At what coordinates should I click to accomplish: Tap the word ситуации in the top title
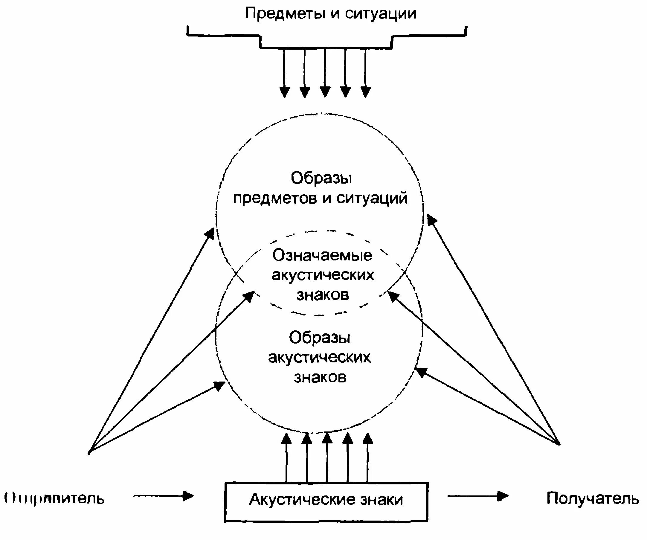[381, 14]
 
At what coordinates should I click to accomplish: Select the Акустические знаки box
[326, 502]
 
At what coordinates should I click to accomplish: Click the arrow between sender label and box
[163, 496]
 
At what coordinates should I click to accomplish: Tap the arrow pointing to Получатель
[477, 496]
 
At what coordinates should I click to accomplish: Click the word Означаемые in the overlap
[322, 255]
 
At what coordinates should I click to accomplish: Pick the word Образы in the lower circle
[320, 338]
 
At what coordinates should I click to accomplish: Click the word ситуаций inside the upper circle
[372, 198]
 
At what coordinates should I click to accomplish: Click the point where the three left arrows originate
[89, 452]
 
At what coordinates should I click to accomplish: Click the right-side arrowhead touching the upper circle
[431, 220]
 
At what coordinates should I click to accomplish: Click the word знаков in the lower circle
[320, 377]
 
